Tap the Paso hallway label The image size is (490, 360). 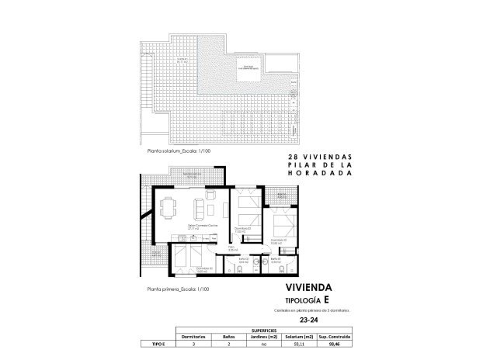[x=231, y=249]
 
